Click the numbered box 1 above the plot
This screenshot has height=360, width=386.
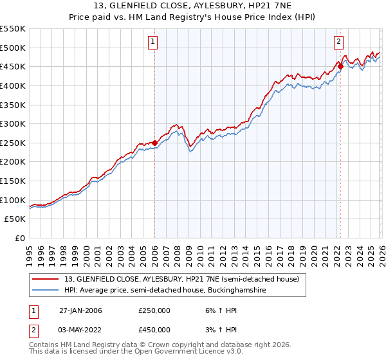pyautogui.click(x=154, y=42)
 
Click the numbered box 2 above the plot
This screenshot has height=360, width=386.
pyautogui.click(x=338, y=42)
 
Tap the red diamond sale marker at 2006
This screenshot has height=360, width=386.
pyautogui.click(x=155, y=143)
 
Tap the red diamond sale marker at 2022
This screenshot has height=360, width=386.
pyautogui.click(x=340, y=66)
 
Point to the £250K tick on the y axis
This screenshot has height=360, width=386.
pyautogui.click(x=14, y=143)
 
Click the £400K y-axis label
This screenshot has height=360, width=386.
pyautogui.click(x=14, y=85)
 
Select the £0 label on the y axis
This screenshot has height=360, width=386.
pyautogui.click(x=20, y=239)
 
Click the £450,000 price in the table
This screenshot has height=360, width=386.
pyautogui.click(x=154, y=329)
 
